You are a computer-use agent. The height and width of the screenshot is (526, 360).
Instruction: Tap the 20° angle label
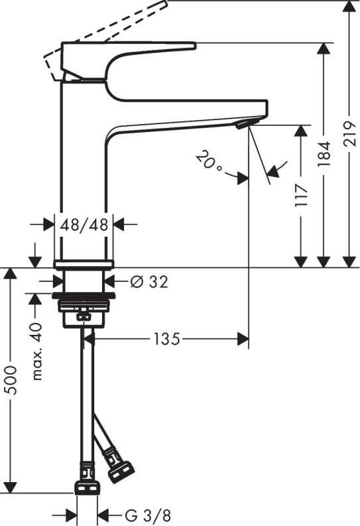pos(210,162)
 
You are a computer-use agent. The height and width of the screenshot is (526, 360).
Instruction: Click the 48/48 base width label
pos(84,225)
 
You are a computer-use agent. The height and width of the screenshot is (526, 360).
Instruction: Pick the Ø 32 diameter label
pos(149,281)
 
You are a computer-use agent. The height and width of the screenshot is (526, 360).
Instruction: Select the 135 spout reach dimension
pos(166,340)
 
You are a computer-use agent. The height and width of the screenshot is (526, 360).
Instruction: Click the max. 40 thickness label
pos(37,351)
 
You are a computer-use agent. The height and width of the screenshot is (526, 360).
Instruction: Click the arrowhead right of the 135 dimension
pos(243,340)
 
